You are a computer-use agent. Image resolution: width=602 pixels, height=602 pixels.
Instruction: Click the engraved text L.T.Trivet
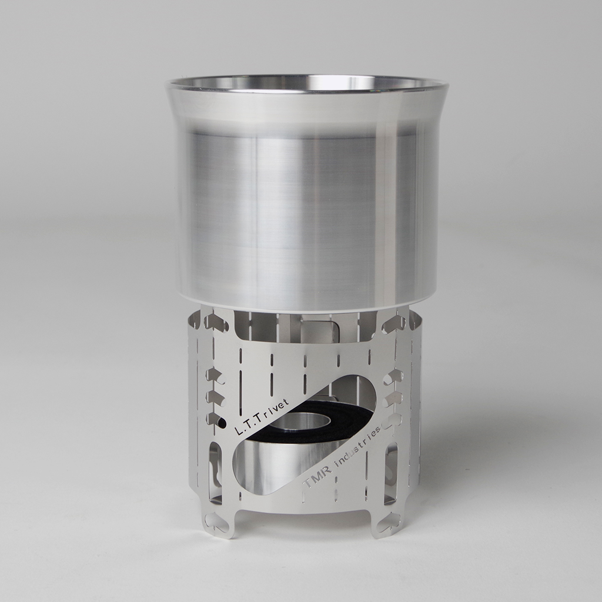pyautogui.click(x=263, y=417)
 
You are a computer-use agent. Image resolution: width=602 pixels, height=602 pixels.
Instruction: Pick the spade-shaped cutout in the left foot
pyautogui.click(x=213, y=520)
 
